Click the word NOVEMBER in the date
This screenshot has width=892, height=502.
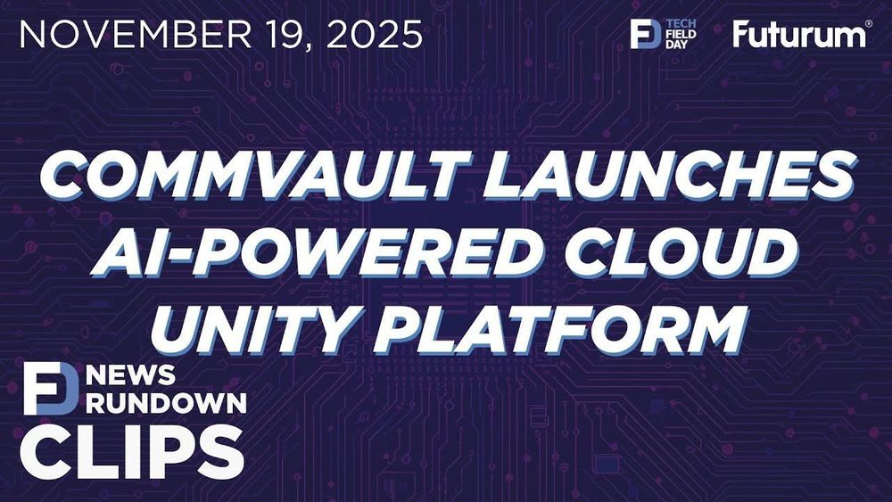tap(136, 34)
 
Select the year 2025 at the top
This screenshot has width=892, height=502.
tap(375, 34)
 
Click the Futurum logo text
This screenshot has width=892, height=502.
tap(797, 35)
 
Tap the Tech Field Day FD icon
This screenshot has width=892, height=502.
tap(646, 34)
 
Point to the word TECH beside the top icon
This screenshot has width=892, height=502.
tap(681, 23)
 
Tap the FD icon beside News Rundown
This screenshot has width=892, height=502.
tap(51, 388)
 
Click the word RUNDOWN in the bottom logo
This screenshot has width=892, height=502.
tap(166, 403)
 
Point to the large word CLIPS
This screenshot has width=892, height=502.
tap(132, 452)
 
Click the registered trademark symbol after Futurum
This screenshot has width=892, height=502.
tap(868, 24)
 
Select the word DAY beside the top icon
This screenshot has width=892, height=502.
tap(677, 45)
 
